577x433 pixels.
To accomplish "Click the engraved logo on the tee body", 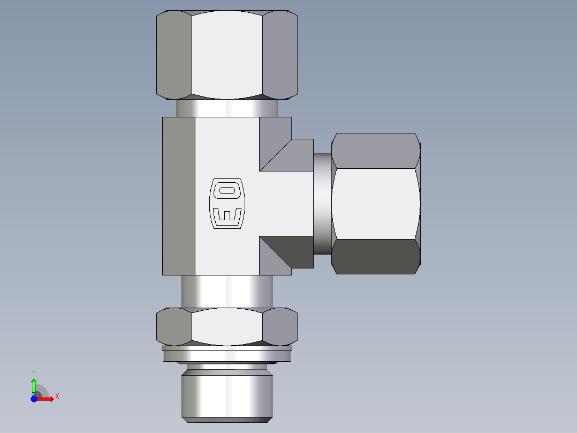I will (227, 204).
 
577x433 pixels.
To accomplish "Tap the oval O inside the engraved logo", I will (227, 190).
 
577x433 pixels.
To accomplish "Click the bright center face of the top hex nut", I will (227, 55).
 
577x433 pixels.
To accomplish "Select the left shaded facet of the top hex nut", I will (174, 55).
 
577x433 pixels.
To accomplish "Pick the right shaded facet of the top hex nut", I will (279, 55).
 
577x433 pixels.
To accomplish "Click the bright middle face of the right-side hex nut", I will (375, 204).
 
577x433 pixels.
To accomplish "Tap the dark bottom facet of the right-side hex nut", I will (375, 257).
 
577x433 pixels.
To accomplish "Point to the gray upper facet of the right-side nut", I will (375, 151).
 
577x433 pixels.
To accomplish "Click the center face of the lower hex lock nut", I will (227, 327).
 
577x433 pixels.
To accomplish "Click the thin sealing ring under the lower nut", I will (227, 354).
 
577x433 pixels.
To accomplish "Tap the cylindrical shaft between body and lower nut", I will (227, 292).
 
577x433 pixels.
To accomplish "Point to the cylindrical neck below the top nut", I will (227, 108).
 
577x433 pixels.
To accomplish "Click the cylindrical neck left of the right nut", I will (322, 204).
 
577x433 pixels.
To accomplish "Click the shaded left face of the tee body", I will (179, 196).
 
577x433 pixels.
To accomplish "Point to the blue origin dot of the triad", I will (34, 399).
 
